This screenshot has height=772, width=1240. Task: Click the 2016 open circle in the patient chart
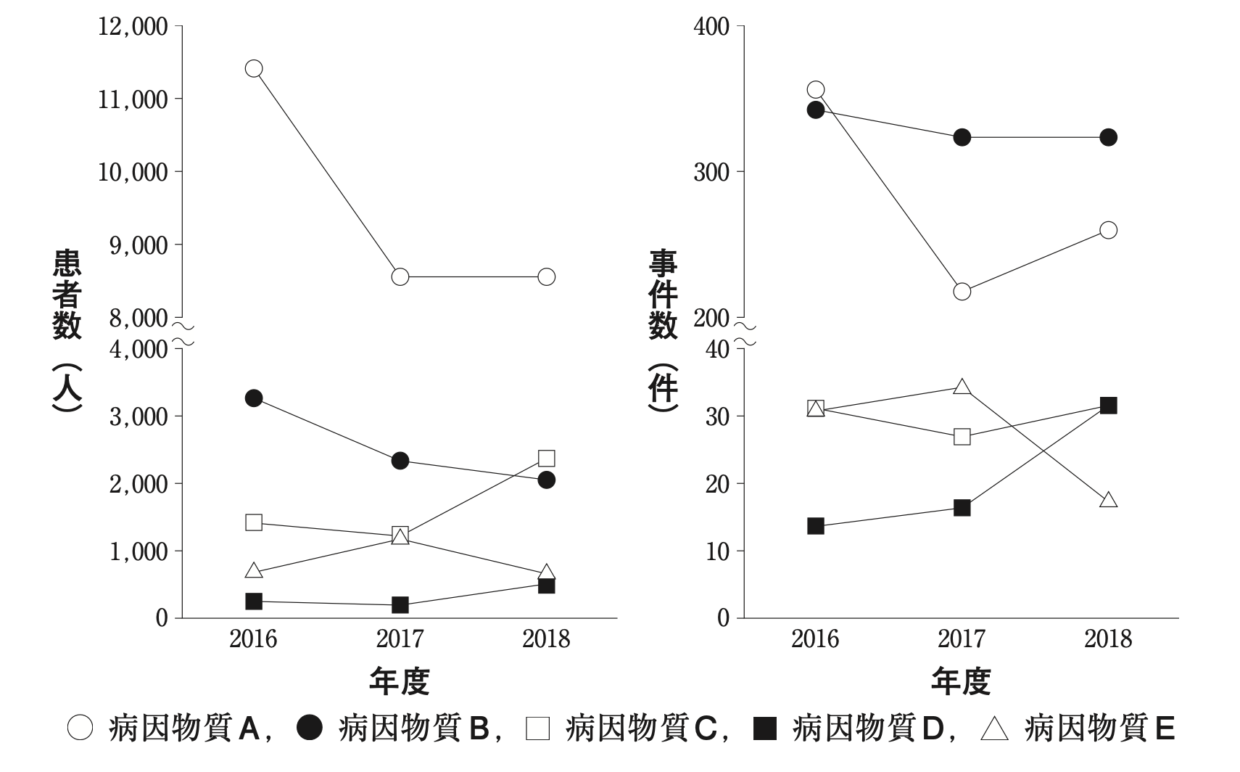pyautogui.click(x=254, y=69)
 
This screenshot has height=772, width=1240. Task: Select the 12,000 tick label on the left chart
pyautogui.click(x=133, y=27)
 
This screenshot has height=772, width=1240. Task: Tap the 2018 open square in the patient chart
pyautogui.click(x=547, y=458)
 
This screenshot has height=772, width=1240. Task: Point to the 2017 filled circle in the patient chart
pyautogui.click(x=400, y=461)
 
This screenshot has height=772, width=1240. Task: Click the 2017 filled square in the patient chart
pyautogui.click(x=400, y=605)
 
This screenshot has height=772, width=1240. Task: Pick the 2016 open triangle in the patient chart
pyautogui.click(x=254, y=571)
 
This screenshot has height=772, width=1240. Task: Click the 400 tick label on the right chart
pyautogui.click(x=711, y=27)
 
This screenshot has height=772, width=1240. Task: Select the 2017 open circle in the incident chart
pyautogui.click(x=962, y=292)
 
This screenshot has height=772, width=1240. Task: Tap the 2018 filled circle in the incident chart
pyautogui.click(x=1109, y=137)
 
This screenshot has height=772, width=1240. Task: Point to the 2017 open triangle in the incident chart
pyautogui.click(x=962, y=387)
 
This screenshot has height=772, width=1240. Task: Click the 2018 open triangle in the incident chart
pyautogui.click(x=1109, y=501)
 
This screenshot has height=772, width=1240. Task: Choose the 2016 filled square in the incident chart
pyautogui.click(x=816, y=526)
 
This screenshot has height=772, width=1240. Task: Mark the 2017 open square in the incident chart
pyautogui.click(x=962, y=437)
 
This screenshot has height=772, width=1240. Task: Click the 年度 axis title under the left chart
pyautogui.click(x=400, y=681)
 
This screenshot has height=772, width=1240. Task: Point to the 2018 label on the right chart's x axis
pyautogui.click(x=1108, y=639)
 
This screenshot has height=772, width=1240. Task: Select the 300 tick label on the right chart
pyautogui.click(x=711, y=172)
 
